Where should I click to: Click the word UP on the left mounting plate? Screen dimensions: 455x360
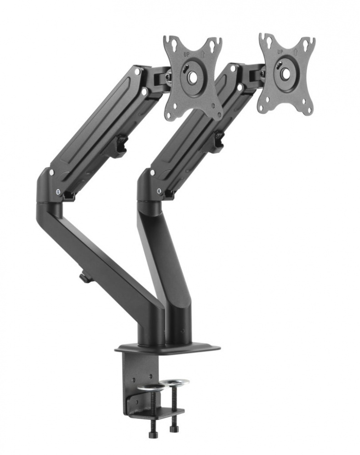pos(186,54)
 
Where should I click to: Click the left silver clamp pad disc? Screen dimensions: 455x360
pos(151,387)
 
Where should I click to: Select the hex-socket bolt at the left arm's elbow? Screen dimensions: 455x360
pos(58,192)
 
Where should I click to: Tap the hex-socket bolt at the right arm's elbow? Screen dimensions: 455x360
pos(159,192)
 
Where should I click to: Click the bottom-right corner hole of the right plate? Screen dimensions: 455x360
pos(309,109)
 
